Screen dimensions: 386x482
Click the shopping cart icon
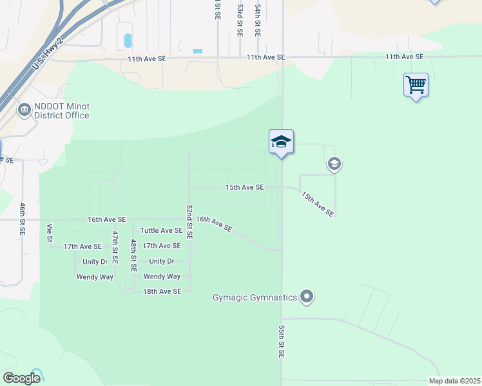pos(416,84)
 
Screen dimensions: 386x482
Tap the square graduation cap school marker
pos(281,142)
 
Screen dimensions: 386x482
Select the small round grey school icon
pos(334,165)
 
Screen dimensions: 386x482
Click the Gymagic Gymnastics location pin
pos(307,297)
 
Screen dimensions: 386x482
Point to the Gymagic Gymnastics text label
pos(255,297)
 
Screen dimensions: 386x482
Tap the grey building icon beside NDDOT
pos(25,110)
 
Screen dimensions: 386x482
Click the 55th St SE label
pos(282,342)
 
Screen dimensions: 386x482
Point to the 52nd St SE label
pos(189,222)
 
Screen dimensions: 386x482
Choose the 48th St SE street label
pos(133,255)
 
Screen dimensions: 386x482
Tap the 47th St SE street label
pos(115,248)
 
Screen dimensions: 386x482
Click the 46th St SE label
pos(23,218)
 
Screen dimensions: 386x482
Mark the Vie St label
pos(50,233)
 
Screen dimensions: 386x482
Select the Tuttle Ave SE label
pos(161,230)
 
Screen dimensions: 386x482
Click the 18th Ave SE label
pos(162,291)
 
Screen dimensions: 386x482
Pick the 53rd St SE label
pos(239,19)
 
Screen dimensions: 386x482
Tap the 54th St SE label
pos(257,19)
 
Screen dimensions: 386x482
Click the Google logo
pos(22,378)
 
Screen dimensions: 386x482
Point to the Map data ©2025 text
pos(454,381)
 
